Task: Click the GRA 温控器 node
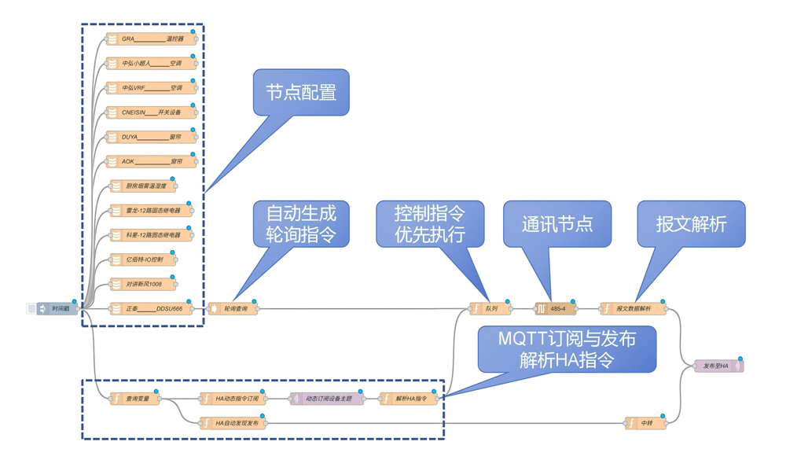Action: click(x=152, y=39)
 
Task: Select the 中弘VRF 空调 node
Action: click(x=152, y=87)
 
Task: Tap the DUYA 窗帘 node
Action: click(x=152, y=137)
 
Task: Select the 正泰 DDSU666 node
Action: click(x=152, y=309)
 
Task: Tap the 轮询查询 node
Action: click(x=233, y=309)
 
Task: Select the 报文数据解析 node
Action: click(x=634, y=309)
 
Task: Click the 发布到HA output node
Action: click(x=718, y=366)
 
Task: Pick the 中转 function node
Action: click(x=646, y=423)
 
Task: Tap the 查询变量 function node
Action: click(x=135, y=399)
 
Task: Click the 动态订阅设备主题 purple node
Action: click(x=327, y=399)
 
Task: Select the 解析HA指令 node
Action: click(x=409, y=399)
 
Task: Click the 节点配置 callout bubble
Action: click(x=301, y=93)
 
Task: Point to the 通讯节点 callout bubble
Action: click(x=556, y=223)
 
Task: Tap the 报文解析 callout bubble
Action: click(x=691, y=223)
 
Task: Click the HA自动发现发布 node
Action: click(x=233, y=423)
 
